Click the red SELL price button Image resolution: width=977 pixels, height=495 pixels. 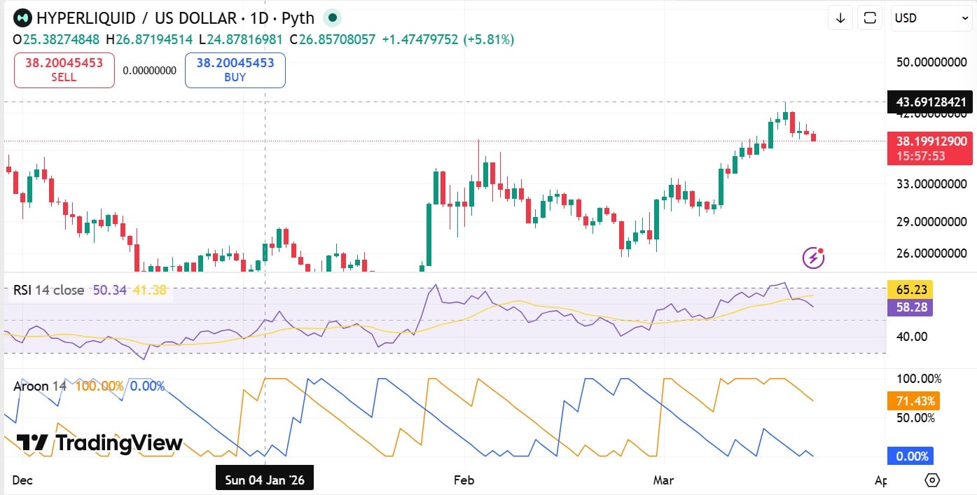pos(64,70)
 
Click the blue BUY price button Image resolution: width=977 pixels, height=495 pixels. pos(235,70)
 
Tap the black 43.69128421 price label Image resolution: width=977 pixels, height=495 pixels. pos(929,102)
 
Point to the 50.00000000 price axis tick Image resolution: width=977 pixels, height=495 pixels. pos(931,62)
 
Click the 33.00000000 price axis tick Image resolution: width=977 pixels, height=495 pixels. pos(931,184)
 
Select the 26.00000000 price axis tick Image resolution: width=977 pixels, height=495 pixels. pos(931,253)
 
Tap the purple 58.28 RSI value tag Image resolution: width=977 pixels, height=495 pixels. pos(909,307)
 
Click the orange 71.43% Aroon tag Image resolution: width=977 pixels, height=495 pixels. pos(913,401)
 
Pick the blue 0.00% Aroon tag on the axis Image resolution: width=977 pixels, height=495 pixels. pos(912,456)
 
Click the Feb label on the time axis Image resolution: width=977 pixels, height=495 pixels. pos(464,480)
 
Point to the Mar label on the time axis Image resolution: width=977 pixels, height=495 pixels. pos(663,480)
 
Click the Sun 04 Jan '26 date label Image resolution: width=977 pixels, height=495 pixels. pos(265,480)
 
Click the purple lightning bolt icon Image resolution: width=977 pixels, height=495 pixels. pos(813,258)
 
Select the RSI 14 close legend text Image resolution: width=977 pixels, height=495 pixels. pos(49,290)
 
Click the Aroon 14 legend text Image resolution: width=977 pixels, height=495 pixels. pos(41,386)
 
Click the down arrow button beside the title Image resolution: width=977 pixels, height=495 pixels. pos(840,18)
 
